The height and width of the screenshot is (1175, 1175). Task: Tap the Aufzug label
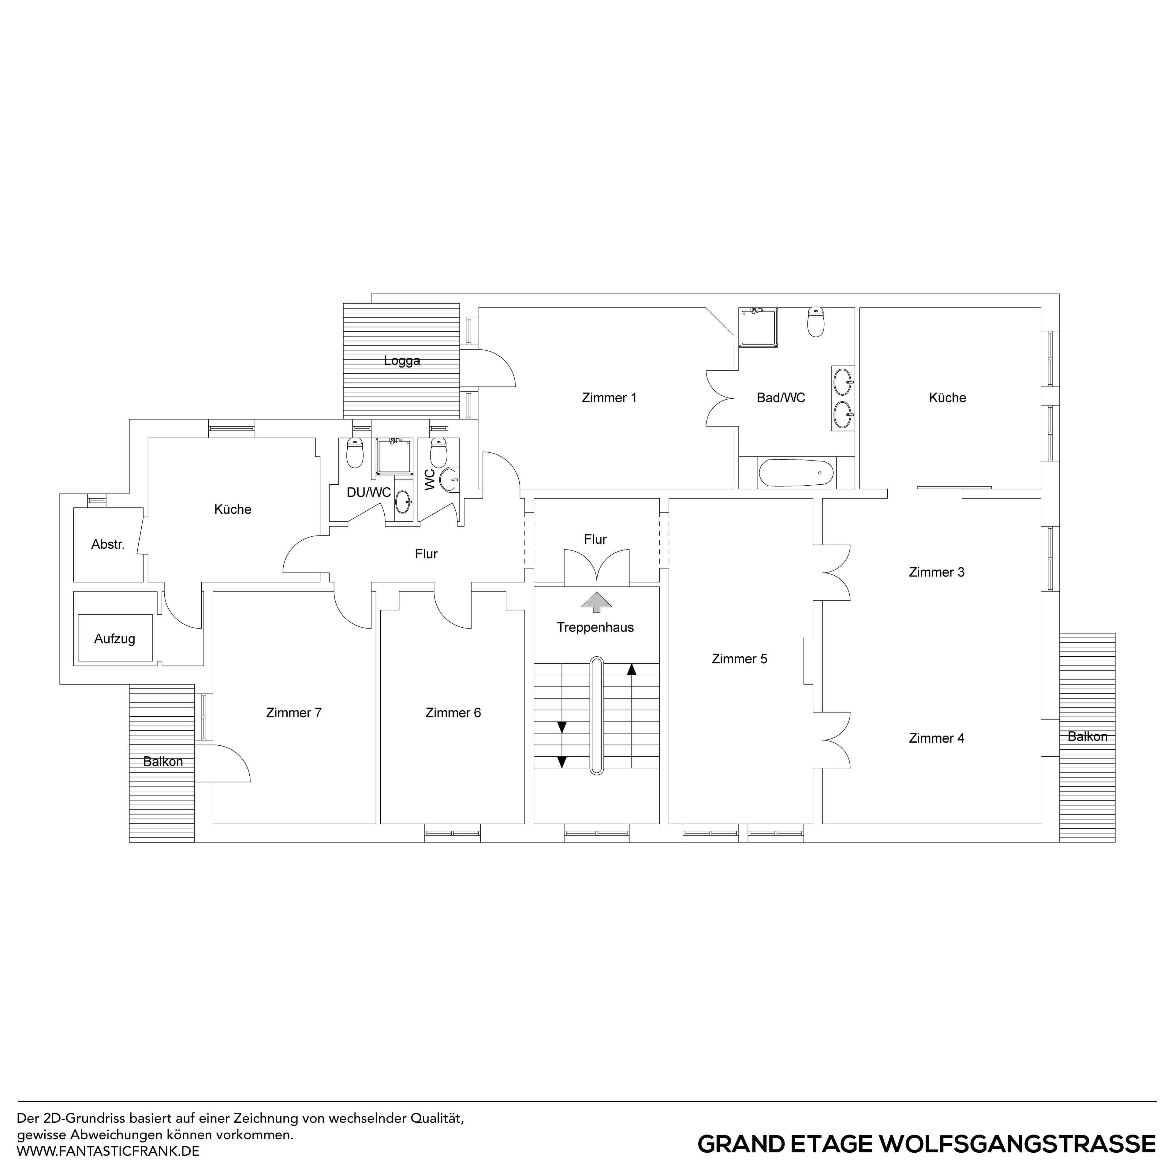click(114, 639)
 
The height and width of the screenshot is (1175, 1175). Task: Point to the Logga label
click(401, 361)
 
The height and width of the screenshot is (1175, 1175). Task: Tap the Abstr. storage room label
click(108, 544)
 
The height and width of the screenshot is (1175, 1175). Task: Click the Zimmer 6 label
click(453, 713)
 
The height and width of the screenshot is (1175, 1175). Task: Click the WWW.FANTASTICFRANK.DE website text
click(108, 1151)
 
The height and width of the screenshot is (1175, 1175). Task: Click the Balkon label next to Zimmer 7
click(163, 761)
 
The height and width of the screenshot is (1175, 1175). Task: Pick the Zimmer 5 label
click(740, 659)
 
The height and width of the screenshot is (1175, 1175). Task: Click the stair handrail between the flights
click(597, 715)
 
